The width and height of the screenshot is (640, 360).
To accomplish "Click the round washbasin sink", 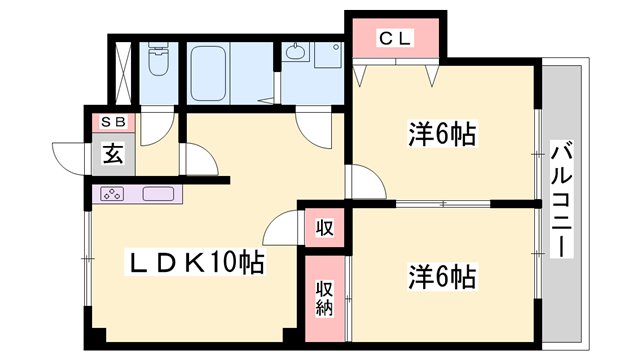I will [296, 53].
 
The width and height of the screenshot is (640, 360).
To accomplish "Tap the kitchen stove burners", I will [112, 194].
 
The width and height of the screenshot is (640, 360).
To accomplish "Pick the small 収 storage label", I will [325, 226].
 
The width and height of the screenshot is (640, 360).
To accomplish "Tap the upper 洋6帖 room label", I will [441, 133].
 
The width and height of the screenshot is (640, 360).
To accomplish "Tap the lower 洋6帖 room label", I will [441, 274].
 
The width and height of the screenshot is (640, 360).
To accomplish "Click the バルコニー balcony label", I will [562, 200].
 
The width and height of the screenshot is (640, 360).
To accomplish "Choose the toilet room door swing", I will [157, 127].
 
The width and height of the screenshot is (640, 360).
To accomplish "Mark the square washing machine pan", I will [328, 54].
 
